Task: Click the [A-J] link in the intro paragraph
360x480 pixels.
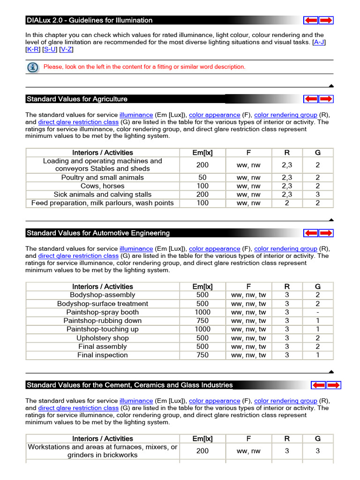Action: click(319, 42)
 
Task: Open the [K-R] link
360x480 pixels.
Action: click(33, 49)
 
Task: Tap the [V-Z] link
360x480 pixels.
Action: click(66, 49)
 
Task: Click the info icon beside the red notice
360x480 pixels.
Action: click(33, 67)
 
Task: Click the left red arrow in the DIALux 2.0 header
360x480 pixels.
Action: click(311, 20)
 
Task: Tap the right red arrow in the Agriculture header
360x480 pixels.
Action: click(326, 99)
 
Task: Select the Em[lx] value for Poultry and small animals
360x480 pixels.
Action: click(202, 178)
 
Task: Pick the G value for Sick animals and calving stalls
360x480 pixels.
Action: click(317, 195)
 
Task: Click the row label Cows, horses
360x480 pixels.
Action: click(102, 186)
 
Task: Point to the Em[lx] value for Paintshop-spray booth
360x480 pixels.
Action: click(202, 312)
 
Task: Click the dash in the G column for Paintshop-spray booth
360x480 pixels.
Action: click(317, 312)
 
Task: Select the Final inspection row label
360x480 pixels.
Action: click(102, 355)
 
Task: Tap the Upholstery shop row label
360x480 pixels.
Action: click(102, 338)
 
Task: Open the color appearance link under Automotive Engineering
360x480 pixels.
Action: click(214, 249)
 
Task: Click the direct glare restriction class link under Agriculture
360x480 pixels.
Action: click(78, 122)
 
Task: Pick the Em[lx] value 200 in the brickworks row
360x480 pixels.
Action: click(202, 451)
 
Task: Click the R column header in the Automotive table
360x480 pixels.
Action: click(287, 287)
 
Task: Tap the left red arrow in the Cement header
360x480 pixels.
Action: click(319, 385)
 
